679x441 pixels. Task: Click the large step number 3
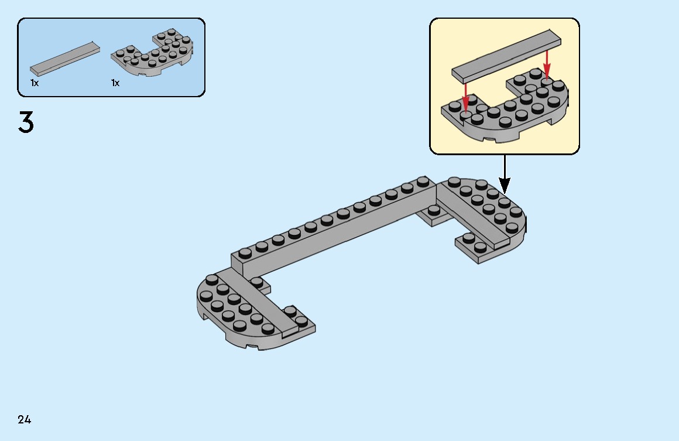tap(26, 122)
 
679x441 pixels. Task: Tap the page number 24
tap(24, 419)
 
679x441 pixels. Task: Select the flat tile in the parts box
tap(65, 59)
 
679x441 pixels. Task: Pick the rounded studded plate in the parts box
tap(152, 53)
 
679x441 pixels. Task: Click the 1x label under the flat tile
tap(35, 83)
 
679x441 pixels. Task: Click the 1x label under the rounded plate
tap(115, 83)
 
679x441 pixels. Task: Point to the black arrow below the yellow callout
tap(505, 174)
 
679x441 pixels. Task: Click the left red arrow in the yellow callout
tap(465, 97)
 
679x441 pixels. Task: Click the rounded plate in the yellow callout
tap(505, 105)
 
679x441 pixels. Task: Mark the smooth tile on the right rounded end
tap(474, 216)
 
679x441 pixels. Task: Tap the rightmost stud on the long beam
tap(423, 182)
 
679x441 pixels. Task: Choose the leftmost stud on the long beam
tap(245, 253)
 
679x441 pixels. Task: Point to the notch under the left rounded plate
tap(252, 346)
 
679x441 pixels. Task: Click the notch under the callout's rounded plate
tap(490, 139)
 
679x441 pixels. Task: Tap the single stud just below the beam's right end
tap(434, 210)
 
